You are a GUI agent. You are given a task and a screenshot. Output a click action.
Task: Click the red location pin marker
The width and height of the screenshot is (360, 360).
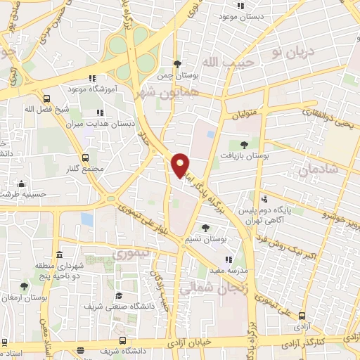pyautogui.click(x=181, y=165)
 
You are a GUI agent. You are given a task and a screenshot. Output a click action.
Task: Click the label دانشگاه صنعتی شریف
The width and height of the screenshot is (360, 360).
pyautogui.click(x=119, y=307)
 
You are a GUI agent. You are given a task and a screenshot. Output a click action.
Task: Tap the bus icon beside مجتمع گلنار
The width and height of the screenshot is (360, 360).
pyautogui.click(x=86, y=157)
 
